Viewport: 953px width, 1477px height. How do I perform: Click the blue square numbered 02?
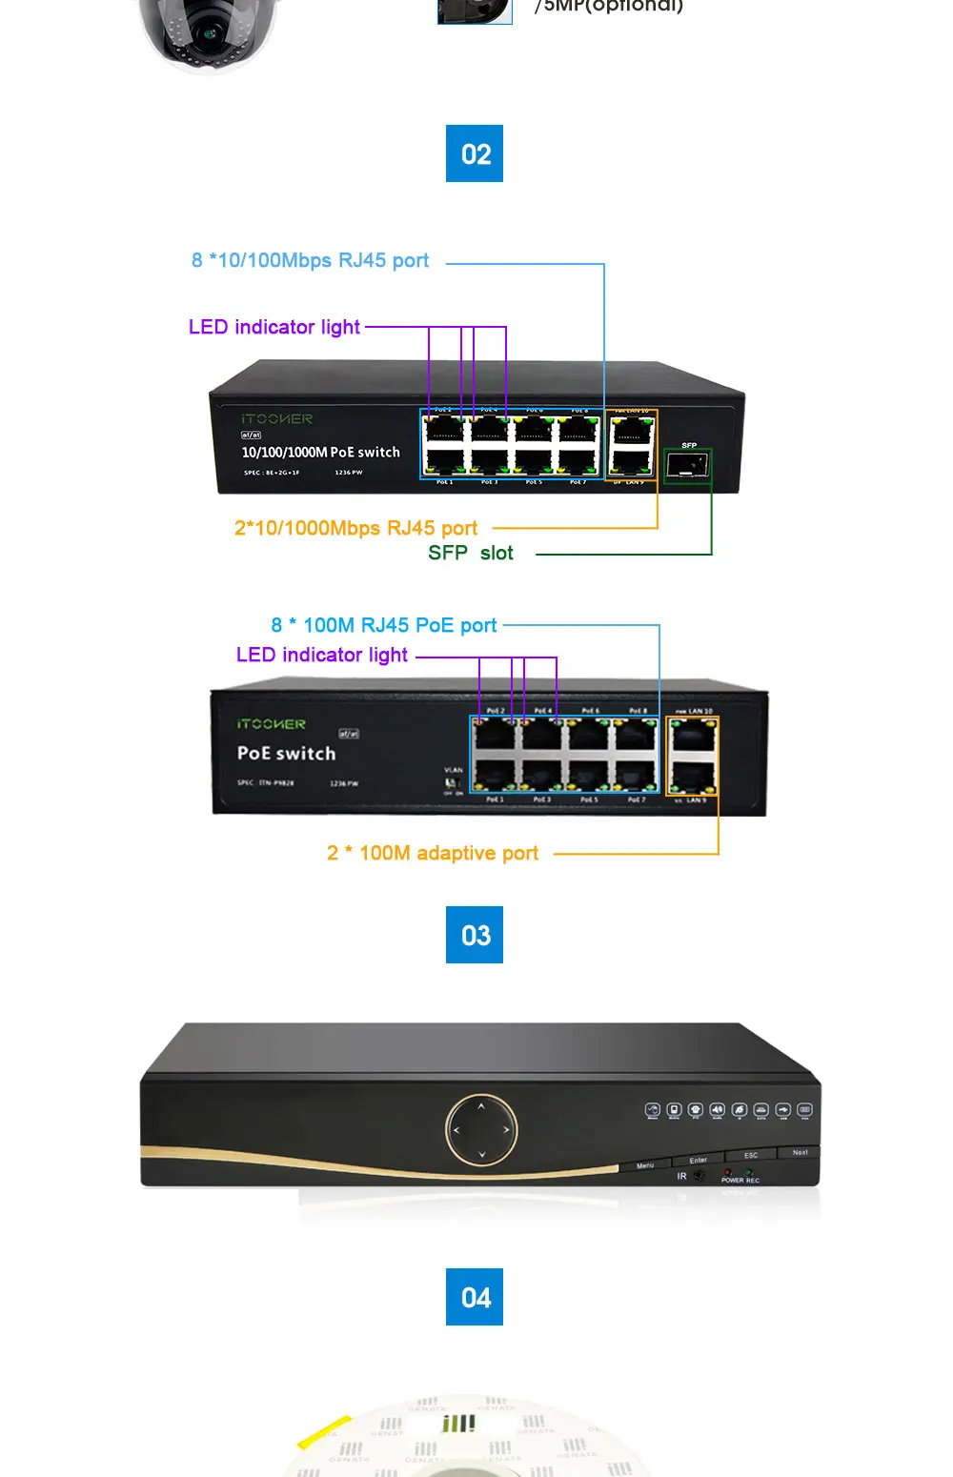(475, 153)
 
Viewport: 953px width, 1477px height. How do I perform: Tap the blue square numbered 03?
(475, 935)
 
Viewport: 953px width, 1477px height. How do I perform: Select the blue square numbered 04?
(475, 1297)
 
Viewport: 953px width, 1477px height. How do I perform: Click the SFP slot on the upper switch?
(686, 466)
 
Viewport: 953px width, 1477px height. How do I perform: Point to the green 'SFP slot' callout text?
(471, 554)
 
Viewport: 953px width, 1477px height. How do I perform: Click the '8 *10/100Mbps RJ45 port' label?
(310, 261)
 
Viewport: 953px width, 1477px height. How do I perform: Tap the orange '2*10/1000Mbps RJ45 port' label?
(355, 528)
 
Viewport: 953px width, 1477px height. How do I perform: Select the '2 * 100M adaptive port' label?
(433, 854)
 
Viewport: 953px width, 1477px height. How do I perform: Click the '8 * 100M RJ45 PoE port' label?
(384, 626)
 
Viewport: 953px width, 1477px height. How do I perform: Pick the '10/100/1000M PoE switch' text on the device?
(320, 453)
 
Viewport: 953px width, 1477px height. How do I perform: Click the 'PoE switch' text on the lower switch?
(286, 754)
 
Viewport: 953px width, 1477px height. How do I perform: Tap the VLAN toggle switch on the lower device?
(452, 783)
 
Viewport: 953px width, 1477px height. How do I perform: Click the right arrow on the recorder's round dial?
(506, 1130)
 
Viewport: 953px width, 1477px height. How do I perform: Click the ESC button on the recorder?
(751, 1156)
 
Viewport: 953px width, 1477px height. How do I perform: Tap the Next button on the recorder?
(801, 1153)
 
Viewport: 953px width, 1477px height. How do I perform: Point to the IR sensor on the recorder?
(699, 1177)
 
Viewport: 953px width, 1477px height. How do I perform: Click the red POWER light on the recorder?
(728, 1172)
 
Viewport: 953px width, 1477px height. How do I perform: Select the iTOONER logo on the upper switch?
(276, 419)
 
